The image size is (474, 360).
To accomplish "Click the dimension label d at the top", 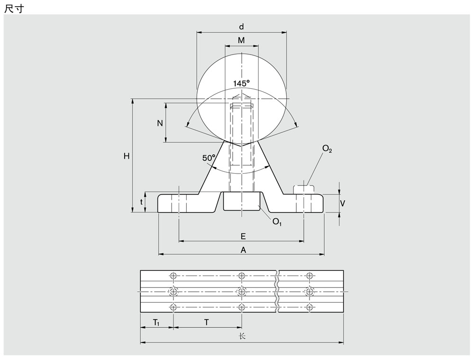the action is pyautogui.click(x=241, y=27).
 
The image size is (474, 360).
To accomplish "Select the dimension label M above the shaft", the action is pyautogui.click(x=241, y=40).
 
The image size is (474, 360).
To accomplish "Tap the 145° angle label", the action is pyautogui.click(x=242, y=83).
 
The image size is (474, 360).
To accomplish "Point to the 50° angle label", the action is pyautogui.click(x=209, y=158).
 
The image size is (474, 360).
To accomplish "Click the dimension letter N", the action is pyautogui.click(x=160, y=123).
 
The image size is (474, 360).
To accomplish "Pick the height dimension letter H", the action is pyautogui.click(x=127, y=156).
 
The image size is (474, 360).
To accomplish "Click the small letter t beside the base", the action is pyautogui.click(x=141, y=203).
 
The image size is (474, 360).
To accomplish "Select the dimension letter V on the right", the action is pyautogui.click(x=342, y=203).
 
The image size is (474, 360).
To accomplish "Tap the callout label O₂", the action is pyautogui.click(x=327, y=148).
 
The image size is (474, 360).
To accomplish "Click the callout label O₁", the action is pyautogui.click(x=277, y=222).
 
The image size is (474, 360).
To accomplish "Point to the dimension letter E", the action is pyautogui.click(x=243, y=236).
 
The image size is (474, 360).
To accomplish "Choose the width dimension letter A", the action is pyautogui.click(x=243, y=250).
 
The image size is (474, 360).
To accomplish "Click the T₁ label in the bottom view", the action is pyautogui.click(x=156, y=323).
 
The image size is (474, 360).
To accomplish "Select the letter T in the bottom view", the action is pyautogui.click(x=206, y=323).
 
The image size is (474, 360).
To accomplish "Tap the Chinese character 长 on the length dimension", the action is pyautogui.click(x=242, y=336).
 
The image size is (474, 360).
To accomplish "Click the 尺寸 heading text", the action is pyautogui.click(x=14, y=9).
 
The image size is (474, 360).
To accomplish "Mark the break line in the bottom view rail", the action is pyautogui.click(x=277, y=292).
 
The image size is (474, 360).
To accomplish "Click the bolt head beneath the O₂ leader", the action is pyautogui.click(x=304, y=189).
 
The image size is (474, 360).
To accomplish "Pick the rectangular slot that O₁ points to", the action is pyautogui.click(x=242, y=201).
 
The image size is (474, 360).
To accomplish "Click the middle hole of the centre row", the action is pyautogui.click(x=241, y=292).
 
